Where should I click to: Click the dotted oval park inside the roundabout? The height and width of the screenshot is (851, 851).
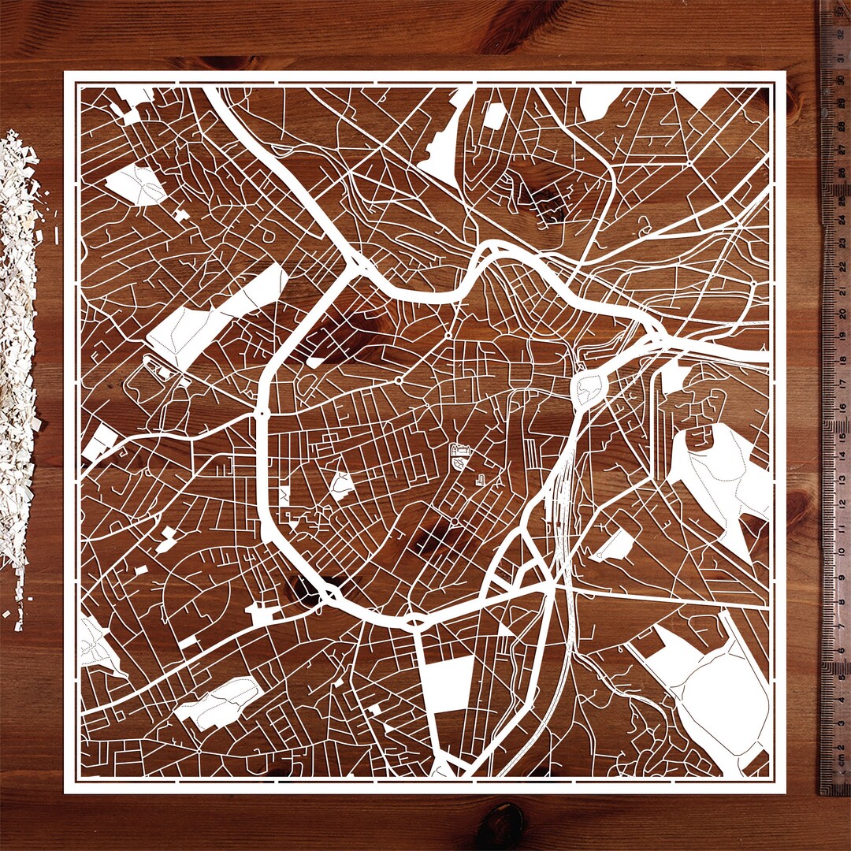pos(589,388)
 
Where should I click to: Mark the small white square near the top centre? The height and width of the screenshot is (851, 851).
pos(494,117)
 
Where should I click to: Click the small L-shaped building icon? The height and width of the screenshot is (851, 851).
pos(480,479)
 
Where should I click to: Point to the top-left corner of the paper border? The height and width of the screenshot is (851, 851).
pos(65,73)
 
